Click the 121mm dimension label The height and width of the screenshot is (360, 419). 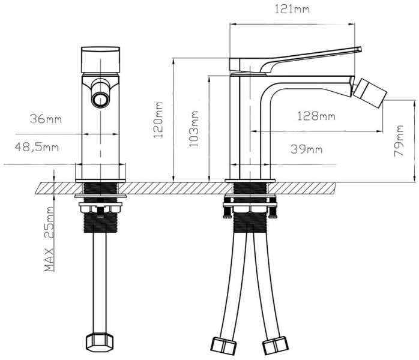coord(290,8)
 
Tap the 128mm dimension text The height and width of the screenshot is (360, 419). coord(316,116)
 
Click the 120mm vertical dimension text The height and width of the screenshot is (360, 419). coord(158,119)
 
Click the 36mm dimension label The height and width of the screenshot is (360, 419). coord(46,119)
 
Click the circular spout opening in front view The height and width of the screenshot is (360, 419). coord(100,98)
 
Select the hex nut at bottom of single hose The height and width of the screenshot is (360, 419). coord(100,343)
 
